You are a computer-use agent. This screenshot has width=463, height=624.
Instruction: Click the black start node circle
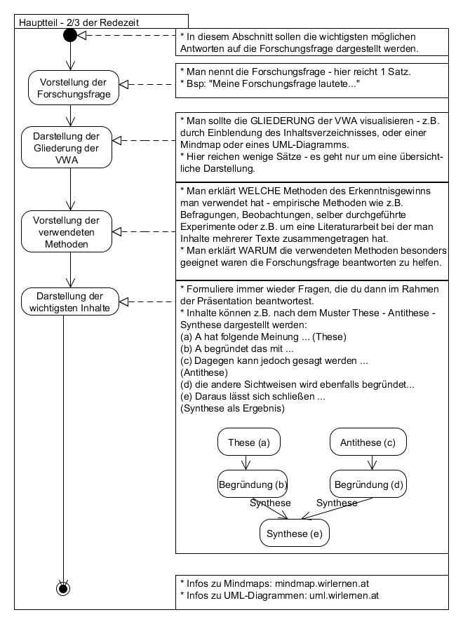[x=70, y=35]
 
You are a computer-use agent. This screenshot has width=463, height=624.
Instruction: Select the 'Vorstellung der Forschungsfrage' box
[x=70, y=88]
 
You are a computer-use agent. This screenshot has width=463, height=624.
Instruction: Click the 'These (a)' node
[x=243, y=442]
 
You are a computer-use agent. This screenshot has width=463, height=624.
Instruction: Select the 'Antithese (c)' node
[x=368, y=442]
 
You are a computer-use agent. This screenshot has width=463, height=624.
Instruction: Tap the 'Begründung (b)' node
[x=252, y=484]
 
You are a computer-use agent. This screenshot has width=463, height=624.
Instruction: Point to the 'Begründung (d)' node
[x=368, y=484]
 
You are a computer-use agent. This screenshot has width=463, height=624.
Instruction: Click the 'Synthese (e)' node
[x=295, y=534]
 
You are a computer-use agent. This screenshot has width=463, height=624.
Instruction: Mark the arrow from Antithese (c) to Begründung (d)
[x=370, y=463]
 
